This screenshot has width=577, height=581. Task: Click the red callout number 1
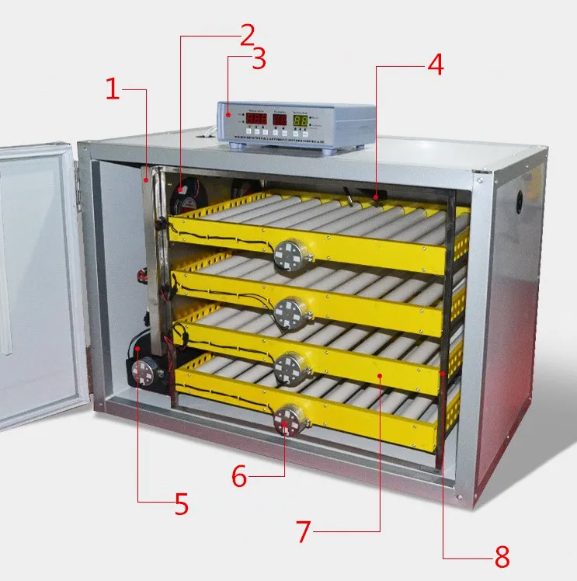click(x=113, y=90)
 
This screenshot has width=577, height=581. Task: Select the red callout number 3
click(x=259, y=59)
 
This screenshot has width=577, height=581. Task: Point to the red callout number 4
click(x=435, y=65)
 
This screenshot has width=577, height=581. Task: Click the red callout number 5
click(x=181, y=505)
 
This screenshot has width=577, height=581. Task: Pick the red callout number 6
click(x=239, y=476)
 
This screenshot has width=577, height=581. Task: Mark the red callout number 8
click(x=501, y=556)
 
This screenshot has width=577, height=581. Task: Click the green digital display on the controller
click(x=301, y=121)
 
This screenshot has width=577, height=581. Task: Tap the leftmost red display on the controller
click(x=257, y=120)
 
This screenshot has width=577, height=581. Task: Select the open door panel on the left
click(x=39, y=280)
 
